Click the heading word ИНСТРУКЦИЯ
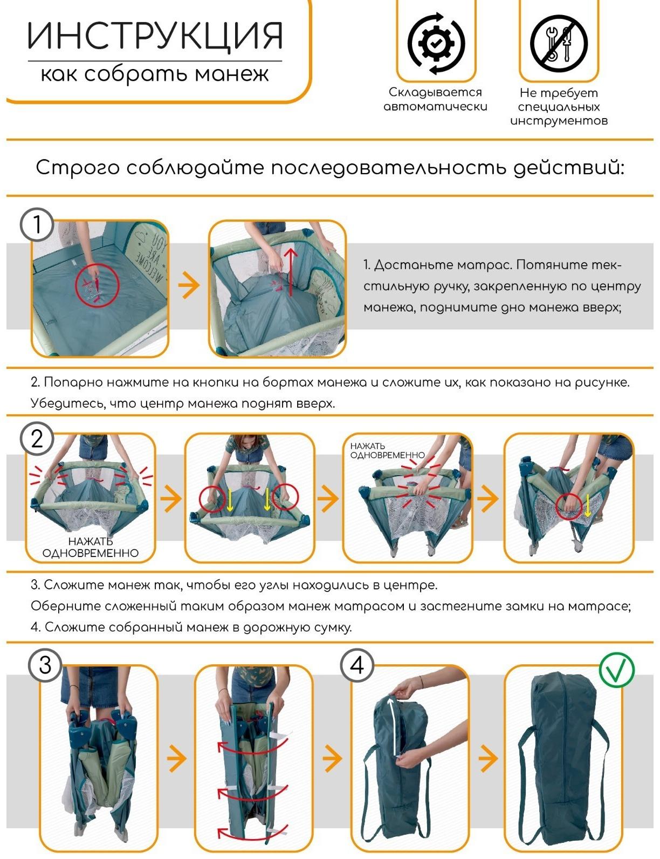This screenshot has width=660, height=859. (155, 37)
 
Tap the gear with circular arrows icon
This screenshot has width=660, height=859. (436, 43)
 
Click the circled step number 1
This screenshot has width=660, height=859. (37, 224)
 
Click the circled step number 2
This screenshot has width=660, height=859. (37, 438)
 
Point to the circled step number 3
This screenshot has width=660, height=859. (45, 665)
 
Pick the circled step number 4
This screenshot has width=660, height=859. (357, 665)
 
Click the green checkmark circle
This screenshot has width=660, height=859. (617, 670)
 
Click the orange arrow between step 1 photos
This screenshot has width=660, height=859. (188, 286)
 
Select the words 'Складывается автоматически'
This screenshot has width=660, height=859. (435, 99)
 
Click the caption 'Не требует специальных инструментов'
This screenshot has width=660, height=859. (559, 107)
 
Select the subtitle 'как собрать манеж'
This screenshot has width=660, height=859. (155, 74)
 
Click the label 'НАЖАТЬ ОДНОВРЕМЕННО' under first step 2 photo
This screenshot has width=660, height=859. (91, 547)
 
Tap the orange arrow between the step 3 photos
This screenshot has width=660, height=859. (176, 758)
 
